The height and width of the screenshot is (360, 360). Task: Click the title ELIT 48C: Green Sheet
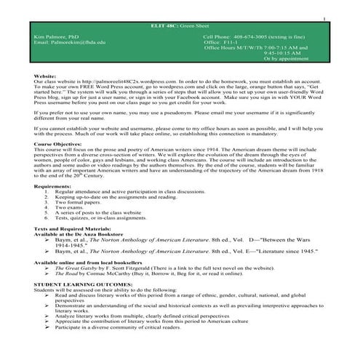tap(180, 26)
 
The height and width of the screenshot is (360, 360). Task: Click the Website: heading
tap(47, 76)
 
